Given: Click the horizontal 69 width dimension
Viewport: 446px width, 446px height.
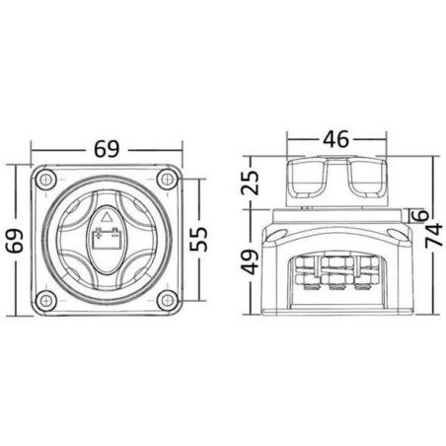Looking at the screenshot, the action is [x=107, y=149].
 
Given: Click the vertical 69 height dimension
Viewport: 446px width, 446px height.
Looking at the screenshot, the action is [x=16, y=241].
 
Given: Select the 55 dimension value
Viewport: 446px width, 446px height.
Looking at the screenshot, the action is [x=198, y=239].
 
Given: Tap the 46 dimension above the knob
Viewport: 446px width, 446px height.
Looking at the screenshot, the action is [x=335, y=139].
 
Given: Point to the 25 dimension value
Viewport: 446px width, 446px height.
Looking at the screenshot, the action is [x=251, y=183].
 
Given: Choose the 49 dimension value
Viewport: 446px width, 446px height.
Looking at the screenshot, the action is [x=251, y=261].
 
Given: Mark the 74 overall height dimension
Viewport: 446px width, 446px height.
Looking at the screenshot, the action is [x=433, y=235].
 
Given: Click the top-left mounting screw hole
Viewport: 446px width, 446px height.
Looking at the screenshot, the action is [x=45, y=180].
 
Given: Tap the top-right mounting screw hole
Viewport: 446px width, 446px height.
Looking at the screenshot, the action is [x=167, y=180].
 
